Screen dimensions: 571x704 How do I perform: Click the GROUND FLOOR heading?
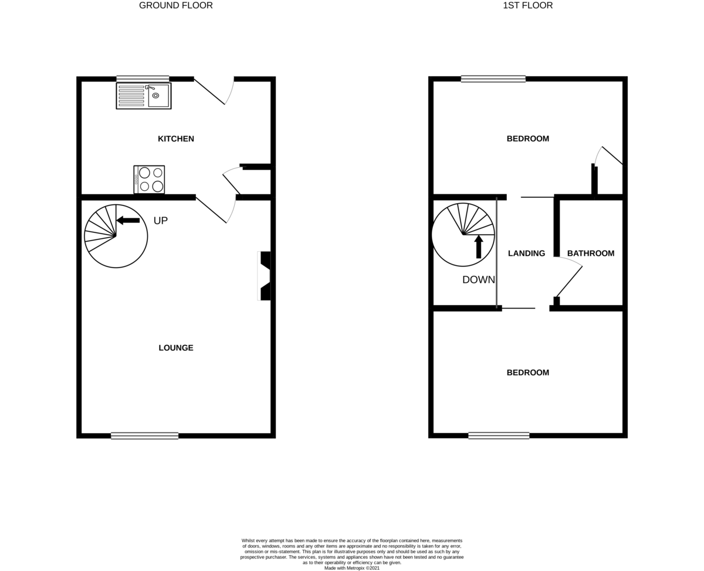click(175, 6)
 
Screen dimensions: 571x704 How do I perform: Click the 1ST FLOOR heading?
click(527, 6)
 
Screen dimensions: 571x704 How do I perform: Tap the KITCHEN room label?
click(175, 139)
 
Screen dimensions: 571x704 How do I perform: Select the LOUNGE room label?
click(175, 348)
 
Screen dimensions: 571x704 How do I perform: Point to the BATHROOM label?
click(590, 254)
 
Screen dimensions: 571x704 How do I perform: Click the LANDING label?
click(526, 254)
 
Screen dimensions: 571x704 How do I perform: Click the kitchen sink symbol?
click(144, 96)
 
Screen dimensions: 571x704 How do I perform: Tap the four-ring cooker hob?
click(149, 180)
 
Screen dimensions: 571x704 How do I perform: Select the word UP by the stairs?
click(160, 221)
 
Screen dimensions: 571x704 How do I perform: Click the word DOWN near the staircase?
click(478, 280)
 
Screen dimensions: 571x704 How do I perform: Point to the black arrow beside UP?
click(128, 220)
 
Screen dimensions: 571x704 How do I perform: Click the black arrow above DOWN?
click(479, 246)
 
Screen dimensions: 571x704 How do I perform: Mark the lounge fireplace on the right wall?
click(265, 276)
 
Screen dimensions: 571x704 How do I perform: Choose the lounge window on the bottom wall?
click(144, 435)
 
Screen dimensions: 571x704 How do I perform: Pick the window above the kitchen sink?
click(143, 78)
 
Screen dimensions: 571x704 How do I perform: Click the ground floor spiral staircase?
click(116, 236)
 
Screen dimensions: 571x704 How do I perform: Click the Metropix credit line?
click(352, 568)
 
